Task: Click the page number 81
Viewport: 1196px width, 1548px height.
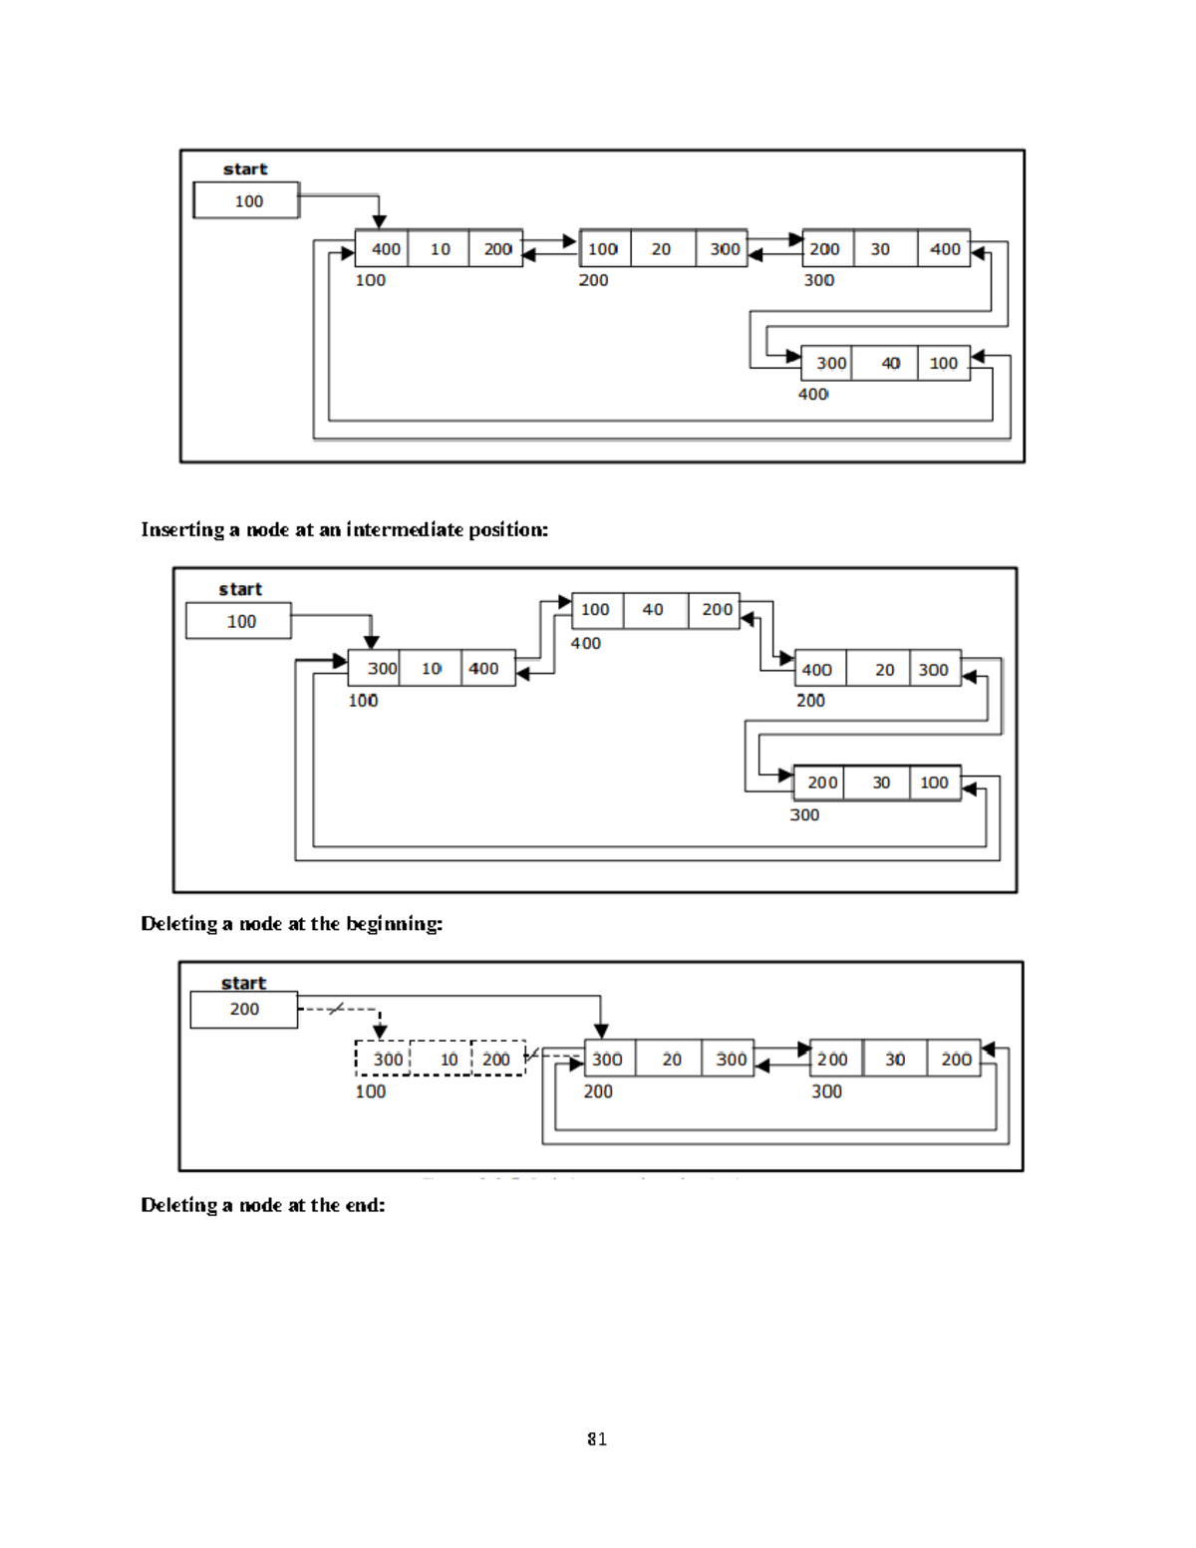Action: pos(597,1438)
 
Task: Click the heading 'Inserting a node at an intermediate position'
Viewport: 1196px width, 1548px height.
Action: pos(344,529)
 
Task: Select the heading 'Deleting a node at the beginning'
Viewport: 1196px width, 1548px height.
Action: pos(291,924)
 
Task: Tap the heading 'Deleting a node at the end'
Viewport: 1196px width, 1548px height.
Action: pos(262,1205)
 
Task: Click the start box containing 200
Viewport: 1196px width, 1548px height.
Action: pos(244,1010)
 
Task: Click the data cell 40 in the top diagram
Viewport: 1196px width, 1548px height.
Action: pos(890,364)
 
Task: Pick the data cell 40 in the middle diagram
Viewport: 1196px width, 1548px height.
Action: pos(653,610)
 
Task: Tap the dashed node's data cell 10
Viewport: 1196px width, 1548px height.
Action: pos(448,1060)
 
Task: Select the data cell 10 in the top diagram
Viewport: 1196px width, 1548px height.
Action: pos(440,249)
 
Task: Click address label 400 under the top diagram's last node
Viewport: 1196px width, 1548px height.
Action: pos(813,395)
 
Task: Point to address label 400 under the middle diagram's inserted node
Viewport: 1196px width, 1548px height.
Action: pos(586,644)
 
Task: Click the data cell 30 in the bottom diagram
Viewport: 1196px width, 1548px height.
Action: pos(895,1060)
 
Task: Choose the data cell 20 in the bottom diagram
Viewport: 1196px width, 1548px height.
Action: pos(672,1060)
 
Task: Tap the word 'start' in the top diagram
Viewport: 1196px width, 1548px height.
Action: pos(245,169)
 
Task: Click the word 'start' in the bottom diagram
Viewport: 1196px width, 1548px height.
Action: pos(243,984)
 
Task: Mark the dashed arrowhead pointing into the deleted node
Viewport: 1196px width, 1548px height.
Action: pos(380,1032)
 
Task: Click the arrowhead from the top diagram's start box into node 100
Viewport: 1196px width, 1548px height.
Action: pos(379,221)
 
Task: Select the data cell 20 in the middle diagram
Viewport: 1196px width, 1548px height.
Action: pos(884,670)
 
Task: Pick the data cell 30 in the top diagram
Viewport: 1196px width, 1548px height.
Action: pos(880,249)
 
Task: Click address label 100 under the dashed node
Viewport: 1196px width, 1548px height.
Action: pos(370,1091)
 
